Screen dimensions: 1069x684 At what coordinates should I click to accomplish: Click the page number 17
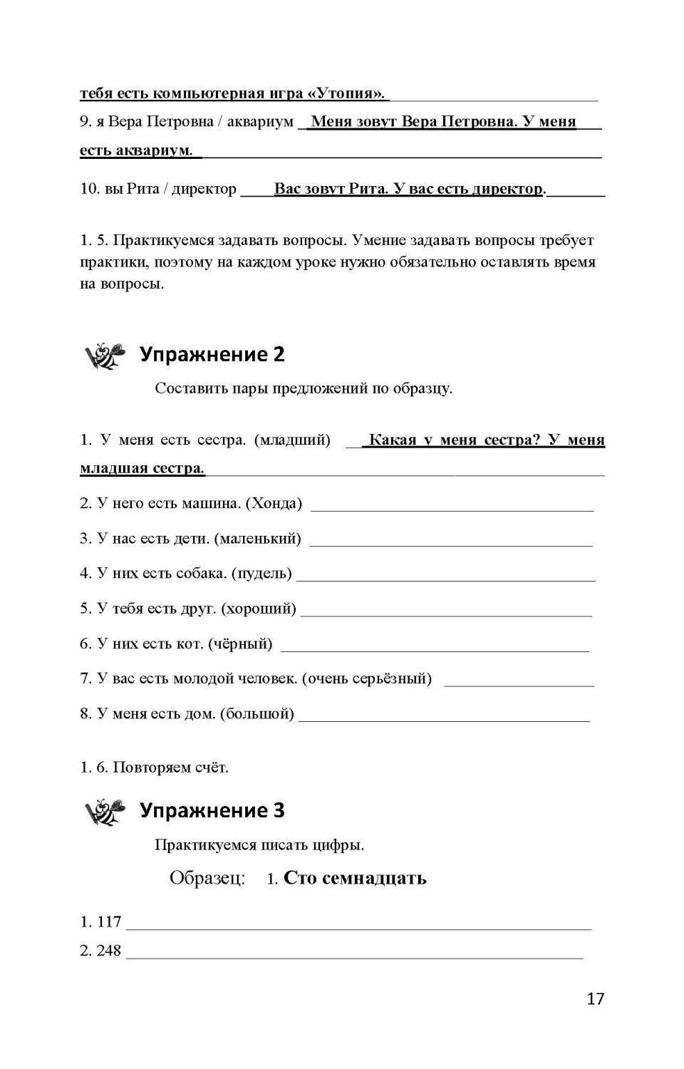click(595, 998)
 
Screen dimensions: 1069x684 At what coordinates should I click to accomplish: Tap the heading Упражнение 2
click(212, 354)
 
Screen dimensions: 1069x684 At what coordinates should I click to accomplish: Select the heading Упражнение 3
click(212, 810)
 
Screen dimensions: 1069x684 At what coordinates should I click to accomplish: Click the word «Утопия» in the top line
click(347, 93)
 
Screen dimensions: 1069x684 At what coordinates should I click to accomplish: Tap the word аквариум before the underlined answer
click(259, 122)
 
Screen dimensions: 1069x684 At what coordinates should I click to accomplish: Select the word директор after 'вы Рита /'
click(204, 189)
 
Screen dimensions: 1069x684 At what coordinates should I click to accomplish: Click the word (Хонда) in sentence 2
click(274, 504)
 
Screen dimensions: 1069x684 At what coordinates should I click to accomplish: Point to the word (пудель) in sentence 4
click(261, 574)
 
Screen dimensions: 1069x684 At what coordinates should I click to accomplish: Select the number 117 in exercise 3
click(109, 922)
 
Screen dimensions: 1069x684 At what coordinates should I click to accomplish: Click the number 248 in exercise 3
click(109, 951)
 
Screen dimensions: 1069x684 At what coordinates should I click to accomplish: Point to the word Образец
click(207, 878)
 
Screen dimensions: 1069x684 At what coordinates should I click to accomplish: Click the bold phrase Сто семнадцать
click(355, 878)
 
